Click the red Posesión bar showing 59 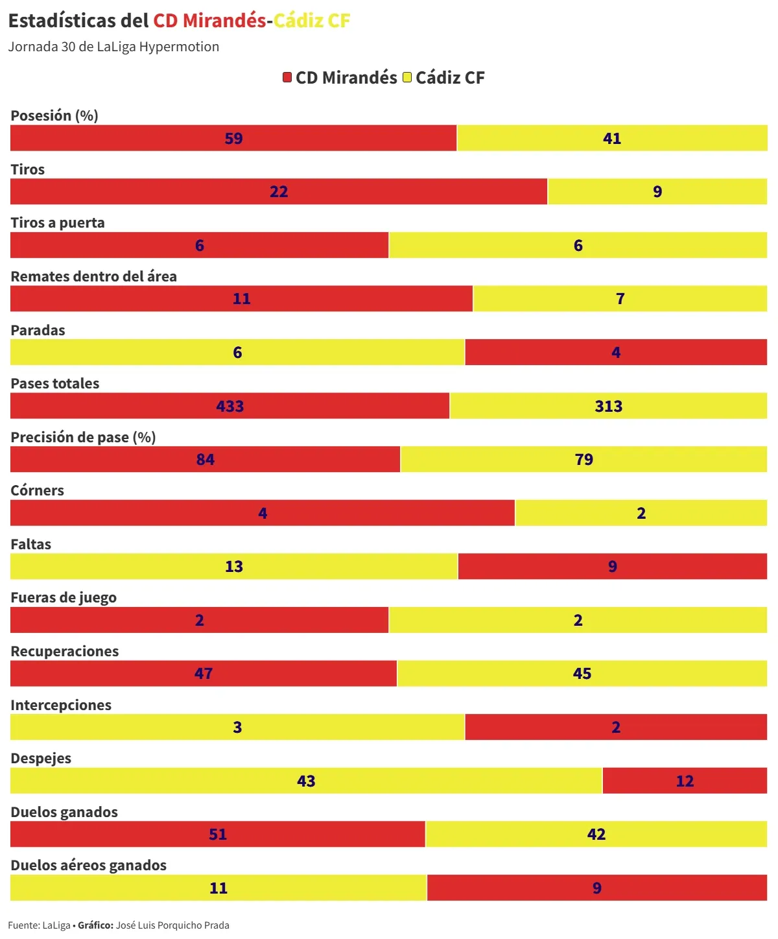(x=233, y=138)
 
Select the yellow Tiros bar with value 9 (x=657, y=191)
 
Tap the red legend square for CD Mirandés (x=287, y=78)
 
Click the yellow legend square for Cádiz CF (x=407, y=78)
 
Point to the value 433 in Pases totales (x=230, y=406)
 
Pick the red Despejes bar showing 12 (x=685, y=781)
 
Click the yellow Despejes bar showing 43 (x=306, y=781)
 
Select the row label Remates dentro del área (x=94, y=276)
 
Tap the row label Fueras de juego (x=64, y=597)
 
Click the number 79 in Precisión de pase (x=583, y=459)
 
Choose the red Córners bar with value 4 (x=263, y=513)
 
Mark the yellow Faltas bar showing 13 (x=234, y=566)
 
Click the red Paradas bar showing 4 (x=616, y=352)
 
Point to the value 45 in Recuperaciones (x=582, y=673)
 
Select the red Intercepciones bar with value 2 (x=616, y=727)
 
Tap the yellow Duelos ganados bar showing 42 (x=596, y=834)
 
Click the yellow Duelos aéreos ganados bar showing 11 (x=218, y=888)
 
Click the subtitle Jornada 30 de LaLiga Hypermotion (x=113, y=47)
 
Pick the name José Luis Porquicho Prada (x=172, y=925)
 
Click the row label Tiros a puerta (x=58, y=222)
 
